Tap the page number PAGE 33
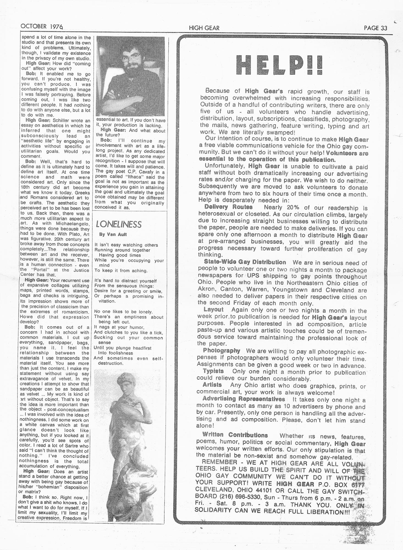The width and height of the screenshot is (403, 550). click(x=375, y=28)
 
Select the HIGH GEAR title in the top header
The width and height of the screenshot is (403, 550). click(x=204, y=28)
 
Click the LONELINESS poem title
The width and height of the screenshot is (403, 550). click(x=118, y=225)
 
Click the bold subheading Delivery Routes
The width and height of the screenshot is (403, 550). click(x=228, y=207)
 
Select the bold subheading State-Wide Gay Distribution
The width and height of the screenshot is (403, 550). click(x=245, y=262)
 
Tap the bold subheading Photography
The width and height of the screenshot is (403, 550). click(x=221, y=351)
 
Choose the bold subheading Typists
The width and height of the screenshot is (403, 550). click(x=213, y=371)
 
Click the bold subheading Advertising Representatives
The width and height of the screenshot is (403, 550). click(x=244, y=399)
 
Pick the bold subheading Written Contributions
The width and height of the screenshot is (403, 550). click(x=235, y=435)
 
